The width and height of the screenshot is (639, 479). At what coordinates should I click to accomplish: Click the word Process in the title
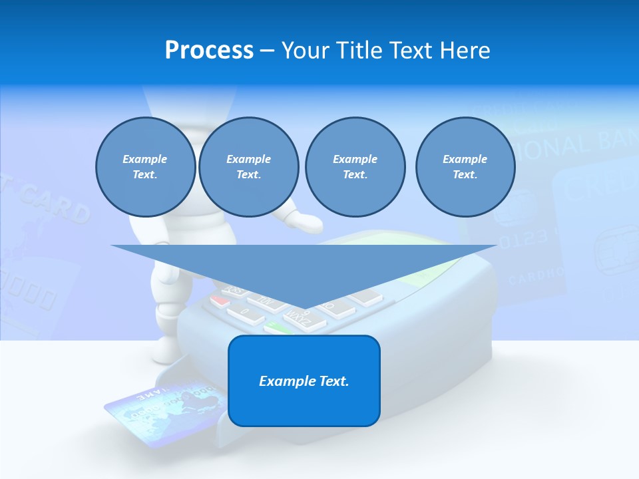[209, 51]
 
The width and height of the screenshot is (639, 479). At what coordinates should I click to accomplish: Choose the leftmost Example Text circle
[145, 167]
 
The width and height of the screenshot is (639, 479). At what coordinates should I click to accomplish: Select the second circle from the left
[248, 167]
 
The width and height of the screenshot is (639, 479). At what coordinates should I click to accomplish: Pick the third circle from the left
[355, 167]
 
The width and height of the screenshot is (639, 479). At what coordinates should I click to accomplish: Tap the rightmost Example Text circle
[465, 167]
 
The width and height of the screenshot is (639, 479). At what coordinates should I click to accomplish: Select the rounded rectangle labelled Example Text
[304, 381]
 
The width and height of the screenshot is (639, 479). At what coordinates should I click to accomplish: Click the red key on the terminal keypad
[219, 301]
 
